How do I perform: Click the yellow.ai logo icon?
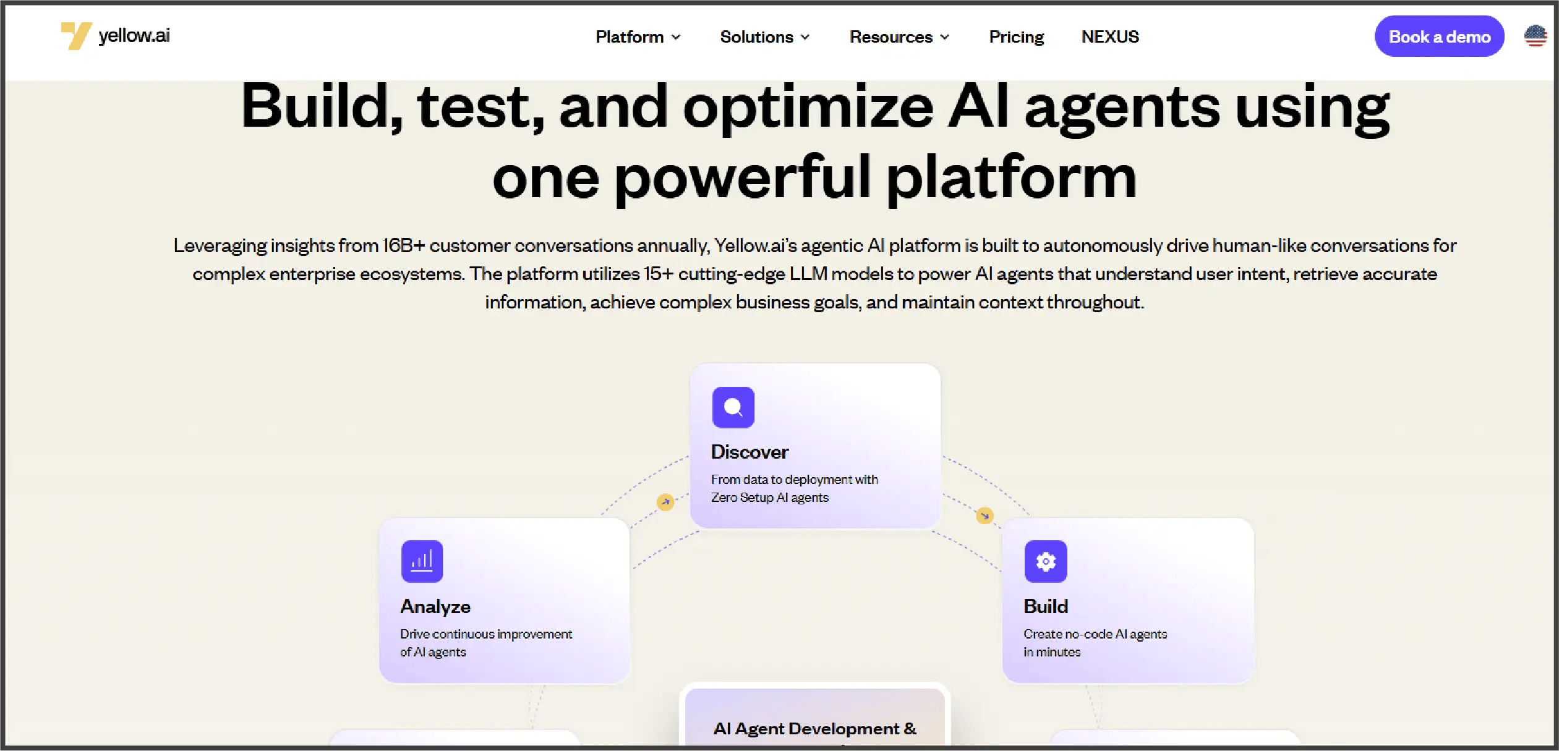(76, 36)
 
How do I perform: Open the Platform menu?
(638, 37)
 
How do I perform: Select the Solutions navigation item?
(764, 37)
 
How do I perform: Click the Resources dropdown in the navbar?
(899, 37)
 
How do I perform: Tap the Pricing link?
(1016, 37)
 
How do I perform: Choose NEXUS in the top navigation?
(1110, 37)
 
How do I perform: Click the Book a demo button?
(1439, 37)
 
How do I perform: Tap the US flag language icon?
(1535, 36)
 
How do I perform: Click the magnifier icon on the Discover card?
(733, 407)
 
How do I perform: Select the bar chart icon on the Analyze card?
(422, 561)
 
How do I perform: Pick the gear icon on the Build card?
(1045, 561)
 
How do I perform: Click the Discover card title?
(750, 452)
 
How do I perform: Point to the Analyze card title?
(435, 606)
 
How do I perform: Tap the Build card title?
(1046, 606)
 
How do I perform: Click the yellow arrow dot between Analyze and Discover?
(665, 502)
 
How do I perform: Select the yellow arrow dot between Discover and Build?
(985, 515)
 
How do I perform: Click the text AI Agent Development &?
(814, 729)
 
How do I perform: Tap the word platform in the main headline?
(1012, 178)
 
